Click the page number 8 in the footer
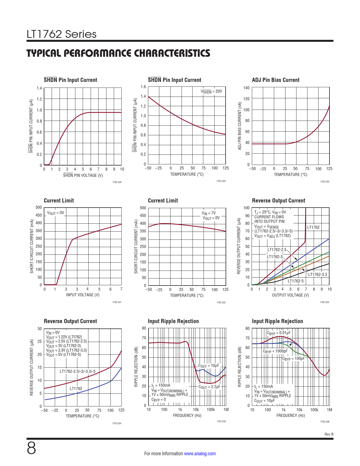[31, 448]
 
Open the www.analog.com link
[200, 454]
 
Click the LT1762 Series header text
[62, 34]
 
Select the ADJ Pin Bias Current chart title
[276, 80]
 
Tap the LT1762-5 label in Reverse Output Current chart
[296, 281]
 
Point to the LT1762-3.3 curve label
[317, 275]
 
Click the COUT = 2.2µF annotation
[209, 387]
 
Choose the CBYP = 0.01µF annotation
[279, 333]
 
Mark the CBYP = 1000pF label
[275, 351]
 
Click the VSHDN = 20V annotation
[211, 92]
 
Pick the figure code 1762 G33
[324, 302]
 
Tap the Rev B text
[329, 434]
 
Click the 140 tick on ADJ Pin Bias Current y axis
[246, 88]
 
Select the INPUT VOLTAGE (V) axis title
[83, 295]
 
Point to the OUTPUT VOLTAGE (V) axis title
[290, 295]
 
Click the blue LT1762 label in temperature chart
[76, 389]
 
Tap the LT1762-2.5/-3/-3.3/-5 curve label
[77, 371]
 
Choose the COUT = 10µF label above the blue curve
[209, 366]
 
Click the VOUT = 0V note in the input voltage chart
[55, 213]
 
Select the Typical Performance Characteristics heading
[118, 53]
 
